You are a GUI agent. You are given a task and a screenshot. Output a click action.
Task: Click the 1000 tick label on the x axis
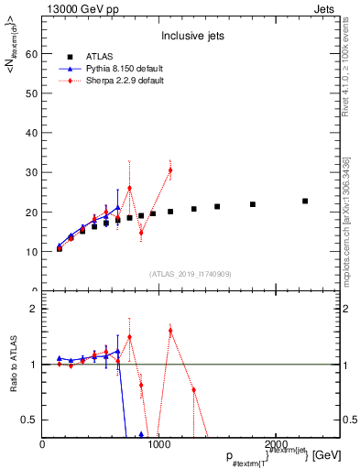click(x=159, y=444)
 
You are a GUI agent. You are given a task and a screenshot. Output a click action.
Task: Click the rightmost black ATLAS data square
click(x=305, y=201)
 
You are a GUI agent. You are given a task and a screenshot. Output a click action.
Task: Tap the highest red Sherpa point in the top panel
click(x=170, y=170)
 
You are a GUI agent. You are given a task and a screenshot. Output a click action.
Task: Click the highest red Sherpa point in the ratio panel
click(x=170, y=330)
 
